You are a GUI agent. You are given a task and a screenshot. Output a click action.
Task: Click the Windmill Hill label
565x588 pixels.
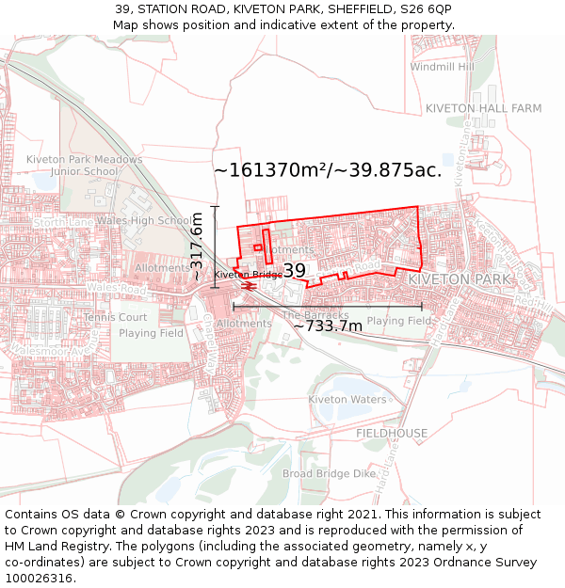(443, 67)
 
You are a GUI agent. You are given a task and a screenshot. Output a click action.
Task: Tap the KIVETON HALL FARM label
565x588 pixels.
(483, 108)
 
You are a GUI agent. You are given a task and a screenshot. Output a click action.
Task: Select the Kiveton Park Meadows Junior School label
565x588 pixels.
(84, 166)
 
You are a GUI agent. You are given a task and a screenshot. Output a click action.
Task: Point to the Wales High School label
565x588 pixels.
(144, 221)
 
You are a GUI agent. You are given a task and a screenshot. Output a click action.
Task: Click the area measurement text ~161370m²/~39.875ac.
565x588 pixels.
(328, 170)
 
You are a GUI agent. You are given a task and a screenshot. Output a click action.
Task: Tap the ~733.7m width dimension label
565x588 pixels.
(327, 326)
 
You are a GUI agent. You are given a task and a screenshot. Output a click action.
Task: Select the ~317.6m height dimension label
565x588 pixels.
(197, 246)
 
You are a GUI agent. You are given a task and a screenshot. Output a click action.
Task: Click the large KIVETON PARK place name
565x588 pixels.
(459, 279)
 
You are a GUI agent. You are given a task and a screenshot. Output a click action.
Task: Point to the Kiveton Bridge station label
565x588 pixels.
(248, 275)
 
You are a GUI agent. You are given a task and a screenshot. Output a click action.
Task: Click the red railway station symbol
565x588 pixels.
(250, 284)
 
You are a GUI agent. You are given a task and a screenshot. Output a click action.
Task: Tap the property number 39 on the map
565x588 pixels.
(294, 271)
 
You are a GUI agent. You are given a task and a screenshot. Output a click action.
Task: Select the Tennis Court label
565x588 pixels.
(115, 317)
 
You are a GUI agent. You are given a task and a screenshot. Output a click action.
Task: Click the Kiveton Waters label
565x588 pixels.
(347, 399)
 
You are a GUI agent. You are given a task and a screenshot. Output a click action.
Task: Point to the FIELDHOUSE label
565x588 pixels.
(392, 433)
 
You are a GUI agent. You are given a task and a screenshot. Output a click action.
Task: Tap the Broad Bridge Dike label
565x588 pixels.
(329, 473)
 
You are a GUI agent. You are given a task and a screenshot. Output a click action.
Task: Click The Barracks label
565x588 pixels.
(315, 315)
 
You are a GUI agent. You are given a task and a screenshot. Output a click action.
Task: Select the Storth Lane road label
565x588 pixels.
(62, 222)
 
